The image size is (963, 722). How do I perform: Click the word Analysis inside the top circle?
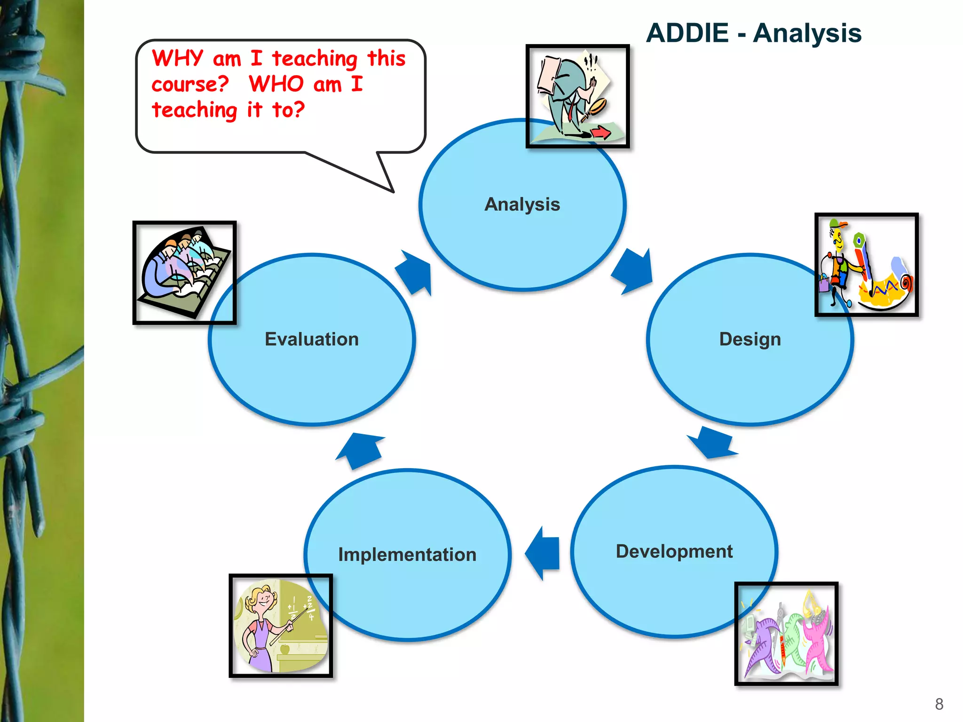pyautogui.click(x=522, y=204)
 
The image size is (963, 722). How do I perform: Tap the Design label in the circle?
pyautogui.click(x=750, y=339)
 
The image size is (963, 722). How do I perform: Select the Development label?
pyautogui.click(x=674, y=551)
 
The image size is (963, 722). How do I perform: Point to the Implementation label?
pyautogui.click(x=407, y=555)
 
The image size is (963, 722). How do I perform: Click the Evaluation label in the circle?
pyautogui.click(x=311, y=339)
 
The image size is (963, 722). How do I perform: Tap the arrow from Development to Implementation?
pyautogui.click(x=543, y=553)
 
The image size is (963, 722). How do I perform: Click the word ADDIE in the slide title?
pyautogui.click(x=687, y=33)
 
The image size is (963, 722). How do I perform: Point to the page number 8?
pyautogui.click(x=939, y=704)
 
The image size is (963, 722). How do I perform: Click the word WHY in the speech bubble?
pyautogui.click(x=177, y=59)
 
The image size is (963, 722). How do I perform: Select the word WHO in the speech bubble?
pyautogui.click(x=276, y=85)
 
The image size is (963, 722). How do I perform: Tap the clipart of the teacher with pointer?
pyautogui.click(x=281, y=626)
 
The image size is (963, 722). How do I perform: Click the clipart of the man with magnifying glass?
pyautogui.click(x=577, y=96)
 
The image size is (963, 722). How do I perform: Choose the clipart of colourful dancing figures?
pyautogui.click(x=786, y=634)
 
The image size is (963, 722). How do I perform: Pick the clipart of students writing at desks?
pyautogui.click(x=184, y=273)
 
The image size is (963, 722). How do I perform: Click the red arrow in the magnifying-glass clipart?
pyautogui.click(x=600, y=133)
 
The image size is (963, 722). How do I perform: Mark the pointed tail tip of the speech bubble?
pyautogui.click(x=393, y=192)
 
